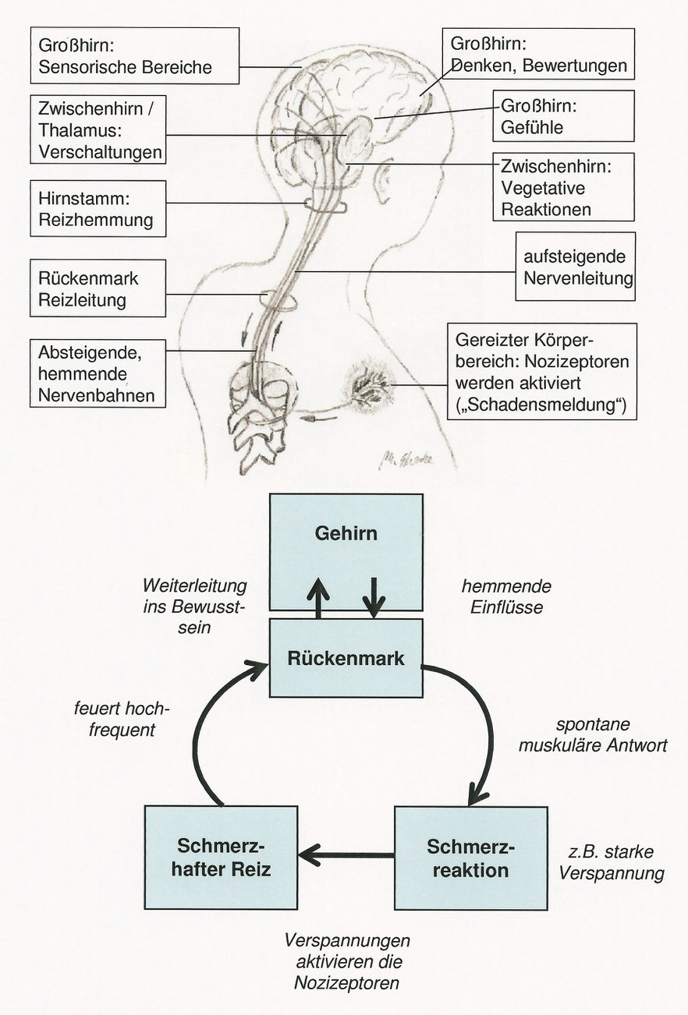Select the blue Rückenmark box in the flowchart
pyautogui.click(x=346, y=658)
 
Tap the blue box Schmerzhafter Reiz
pyautogui.click(x=221, y=858)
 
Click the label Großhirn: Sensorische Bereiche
pyautogui.click(x=123, y=56)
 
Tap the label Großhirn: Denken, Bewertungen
pyautogui.click(x=537, y=55)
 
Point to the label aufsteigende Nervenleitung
pyautogui.click(x=574, y=267)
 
